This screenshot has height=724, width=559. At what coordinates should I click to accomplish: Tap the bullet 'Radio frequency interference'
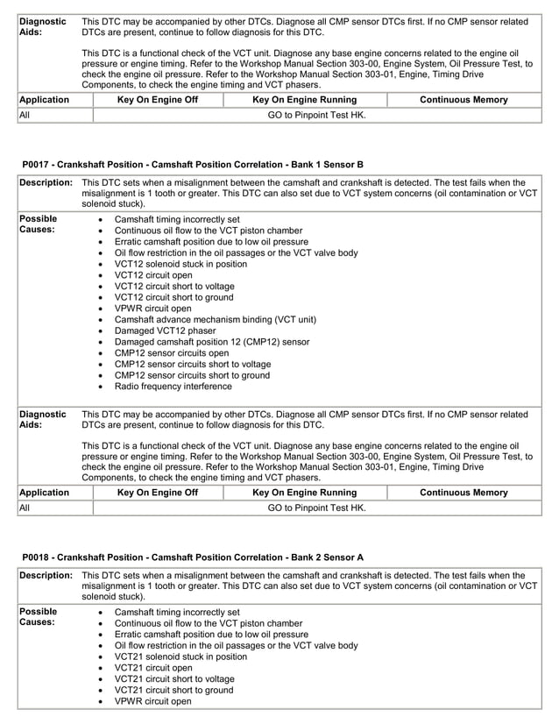tap(173, 387)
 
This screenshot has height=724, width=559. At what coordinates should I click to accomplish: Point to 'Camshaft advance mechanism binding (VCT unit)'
tap(216, 320)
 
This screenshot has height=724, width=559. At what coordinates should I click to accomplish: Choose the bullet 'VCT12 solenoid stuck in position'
tap(180, 264)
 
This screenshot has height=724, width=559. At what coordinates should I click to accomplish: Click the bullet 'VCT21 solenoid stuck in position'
tap(180, 657)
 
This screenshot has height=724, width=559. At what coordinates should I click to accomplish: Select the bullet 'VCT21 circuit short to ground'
tap(174, 690)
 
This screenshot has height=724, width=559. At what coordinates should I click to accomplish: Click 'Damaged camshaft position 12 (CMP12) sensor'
tap(212, 342)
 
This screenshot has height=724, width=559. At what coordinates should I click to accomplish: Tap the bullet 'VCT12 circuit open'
tap(153, 275)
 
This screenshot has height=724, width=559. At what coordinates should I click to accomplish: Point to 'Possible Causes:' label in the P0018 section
tap(38, 617)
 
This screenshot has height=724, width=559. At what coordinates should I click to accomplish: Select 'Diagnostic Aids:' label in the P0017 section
tap(42, 419)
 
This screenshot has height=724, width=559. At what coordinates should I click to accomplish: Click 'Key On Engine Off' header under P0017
tap(158, 493)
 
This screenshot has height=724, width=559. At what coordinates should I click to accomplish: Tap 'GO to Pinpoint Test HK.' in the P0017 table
tap(316, 508)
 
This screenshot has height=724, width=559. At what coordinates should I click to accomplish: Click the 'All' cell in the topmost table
tap(25, 115)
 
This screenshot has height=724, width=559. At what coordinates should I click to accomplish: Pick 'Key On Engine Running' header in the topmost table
tap(304, 100)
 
